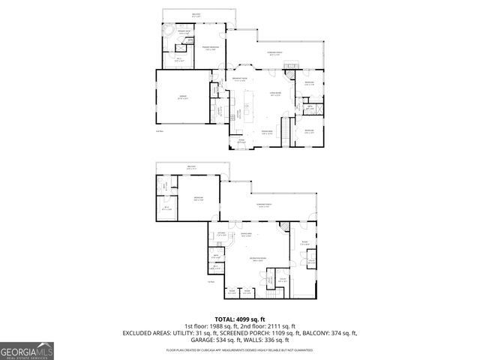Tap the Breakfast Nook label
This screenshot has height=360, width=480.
point(240,79)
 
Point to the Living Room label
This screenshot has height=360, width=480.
point(276,94)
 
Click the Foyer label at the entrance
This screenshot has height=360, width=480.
point(241,141)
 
